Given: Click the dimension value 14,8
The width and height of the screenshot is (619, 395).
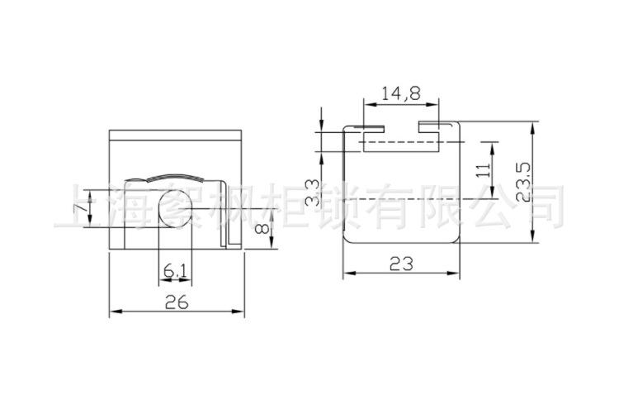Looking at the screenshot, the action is pyautogui.click(x=401, y=93).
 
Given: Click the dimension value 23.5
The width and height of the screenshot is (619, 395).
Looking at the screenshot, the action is pyautogui.click(x=524, y=183).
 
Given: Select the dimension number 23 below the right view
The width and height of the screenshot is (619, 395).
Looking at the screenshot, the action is pyautogui.click(x=401, y=264).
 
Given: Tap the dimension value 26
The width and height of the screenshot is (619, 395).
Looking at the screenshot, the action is pyautogui.click(x=177, y=302).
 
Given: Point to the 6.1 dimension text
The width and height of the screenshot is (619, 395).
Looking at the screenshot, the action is pyautogui.click(x=175, y=271).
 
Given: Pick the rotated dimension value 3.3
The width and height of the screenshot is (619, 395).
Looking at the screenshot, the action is pyautogui.click(x=312, y=193).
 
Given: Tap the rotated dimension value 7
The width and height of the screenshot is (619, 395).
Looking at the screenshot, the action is pyautogui.click(x=82, y=206).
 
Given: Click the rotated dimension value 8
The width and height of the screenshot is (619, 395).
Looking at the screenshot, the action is pyautogui.click(x=262, y=228).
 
